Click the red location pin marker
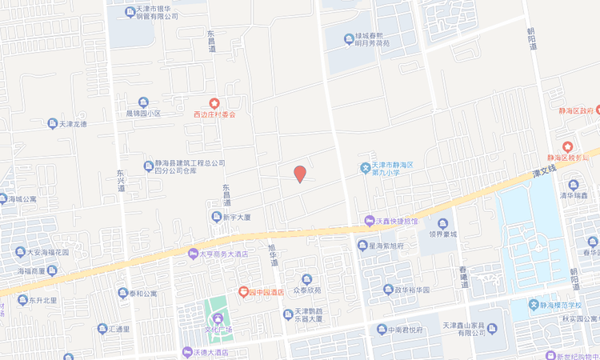(x=300, y=174)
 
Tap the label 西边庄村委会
(x=214, y=114)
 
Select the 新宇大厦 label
(x=237, y=217)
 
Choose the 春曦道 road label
(x=463, y=277)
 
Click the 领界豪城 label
(x=442, y=234)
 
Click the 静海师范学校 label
(x=565, y=305)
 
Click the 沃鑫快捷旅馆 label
(x=392, y=221)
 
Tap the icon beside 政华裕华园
(x=373, y=290)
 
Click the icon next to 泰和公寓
(x=122, y=293)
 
